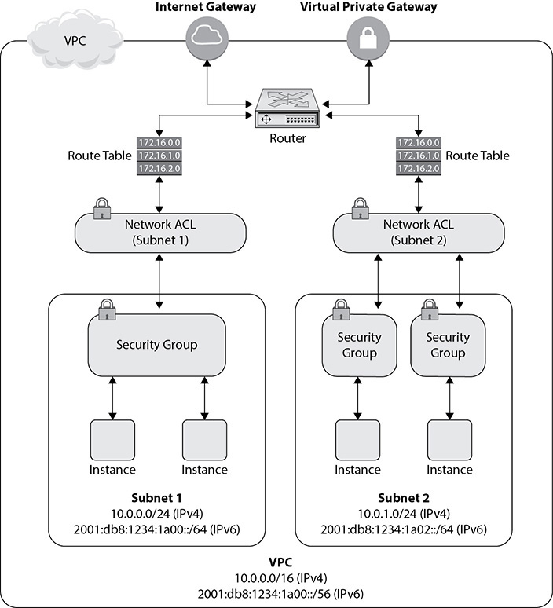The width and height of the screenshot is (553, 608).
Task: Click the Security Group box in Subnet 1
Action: pos(156,344)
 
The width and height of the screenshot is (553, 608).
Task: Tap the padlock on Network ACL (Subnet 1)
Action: pos(101,209)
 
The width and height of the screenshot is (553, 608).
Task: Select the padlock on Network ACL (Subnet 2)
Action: pos(360,209)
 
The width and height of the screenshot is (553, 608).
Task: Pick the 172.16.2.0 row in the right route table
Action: pos(418,168)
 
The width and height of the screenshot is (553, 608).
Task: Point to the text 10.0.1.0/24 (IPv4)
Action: pos(403,514)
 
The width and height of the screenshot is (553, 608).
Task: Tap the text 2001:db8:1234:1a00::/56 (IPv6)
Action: pos(276,593)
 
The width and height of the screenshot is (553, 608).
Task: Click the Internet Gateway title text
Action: pos(206,8)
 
